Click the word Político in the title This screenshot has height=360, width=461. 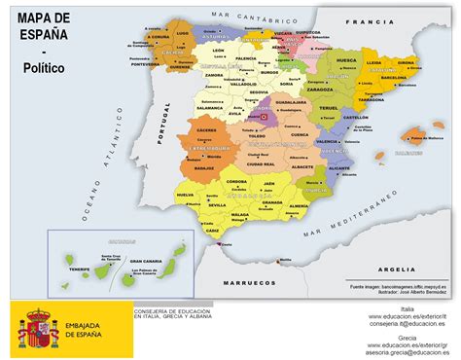tap(47, 69)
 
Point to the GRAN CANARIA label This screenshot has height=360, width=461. tap(144, 261)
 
